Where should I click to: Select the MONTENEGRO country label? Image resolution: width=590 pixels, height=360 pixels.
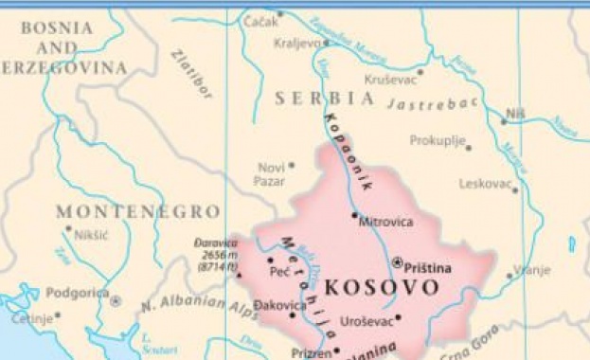pos(137,211)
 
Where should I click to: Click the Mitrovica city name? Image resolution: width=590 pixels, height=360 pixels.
pos(386,222)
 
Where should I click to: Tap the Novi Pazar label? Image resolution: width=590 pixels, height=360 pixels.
pos(272,173)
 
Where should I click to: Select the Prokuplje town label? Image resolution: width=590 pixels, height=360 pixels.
pos(437,140)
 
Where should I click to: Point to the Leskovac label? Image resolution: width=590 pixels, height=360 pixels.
pos(485,184)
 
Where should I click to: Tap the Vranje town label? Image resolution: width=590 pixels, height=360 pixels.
pos(532,270)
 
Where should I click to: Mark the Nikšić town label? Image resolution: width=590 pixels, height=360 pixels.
pos(91,233)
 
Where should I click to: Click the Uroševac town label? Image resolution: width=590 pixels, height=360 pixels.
pos(366,322)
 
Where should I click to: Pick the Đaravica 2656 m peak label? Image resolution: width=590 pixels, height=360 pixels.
pos(215,255)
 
